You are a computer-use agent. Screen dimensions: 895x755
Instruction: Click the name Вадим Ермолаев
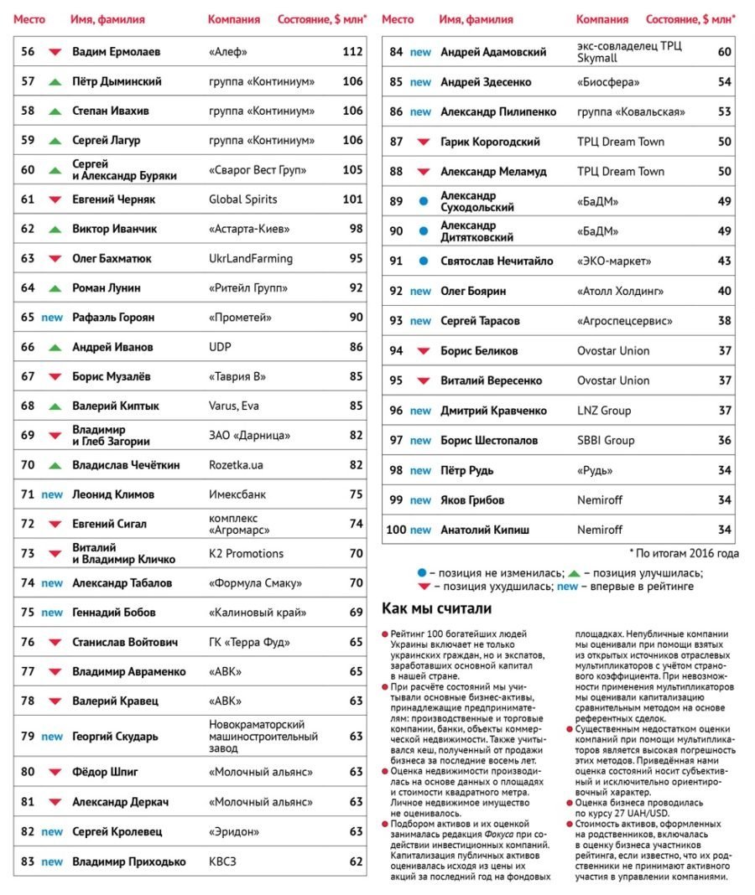[117, 52]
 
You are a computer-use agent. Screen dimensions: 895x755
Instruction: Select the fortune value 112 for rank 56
[352, 52]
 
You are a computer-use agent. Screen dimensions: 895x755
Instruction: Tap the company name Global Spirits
[242, 199]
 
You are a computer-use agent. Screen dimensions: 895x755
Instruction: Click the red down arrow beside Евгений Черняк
[55, 200]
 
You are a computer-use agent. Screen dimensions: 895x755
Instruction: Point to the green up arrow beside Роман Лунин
[55, 288]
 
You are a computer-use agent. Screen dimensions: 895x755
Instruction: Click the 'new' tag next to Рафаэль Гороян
[52, 318]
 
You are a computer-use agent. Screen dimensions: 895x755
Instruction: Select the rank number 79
[28, 737]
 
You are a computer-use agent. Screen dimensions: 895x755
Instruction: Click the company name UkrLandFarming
[251, 258]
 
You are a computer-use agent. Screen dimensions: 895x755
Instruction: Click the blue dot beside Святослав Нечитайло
[423, 261]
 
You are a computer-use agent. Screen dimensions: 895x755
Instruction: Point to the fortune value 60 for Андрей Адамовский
[724, 52]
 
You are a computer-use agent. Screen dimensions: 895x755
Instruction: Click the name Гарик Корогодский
[490, 142]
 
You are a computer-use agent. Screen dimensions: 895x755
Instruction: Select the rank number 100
[395, 530]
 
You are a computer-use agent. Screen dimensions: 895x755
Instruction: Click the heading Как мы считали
[436, 608]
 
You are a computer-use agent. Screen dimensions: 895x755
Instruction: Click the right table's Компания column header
[601, 18]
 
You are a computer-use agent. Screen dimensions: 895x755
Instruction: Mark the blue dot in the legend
[422, 573]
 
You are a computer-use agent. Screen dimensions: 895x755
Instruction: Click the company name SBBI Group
[606, 440]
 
